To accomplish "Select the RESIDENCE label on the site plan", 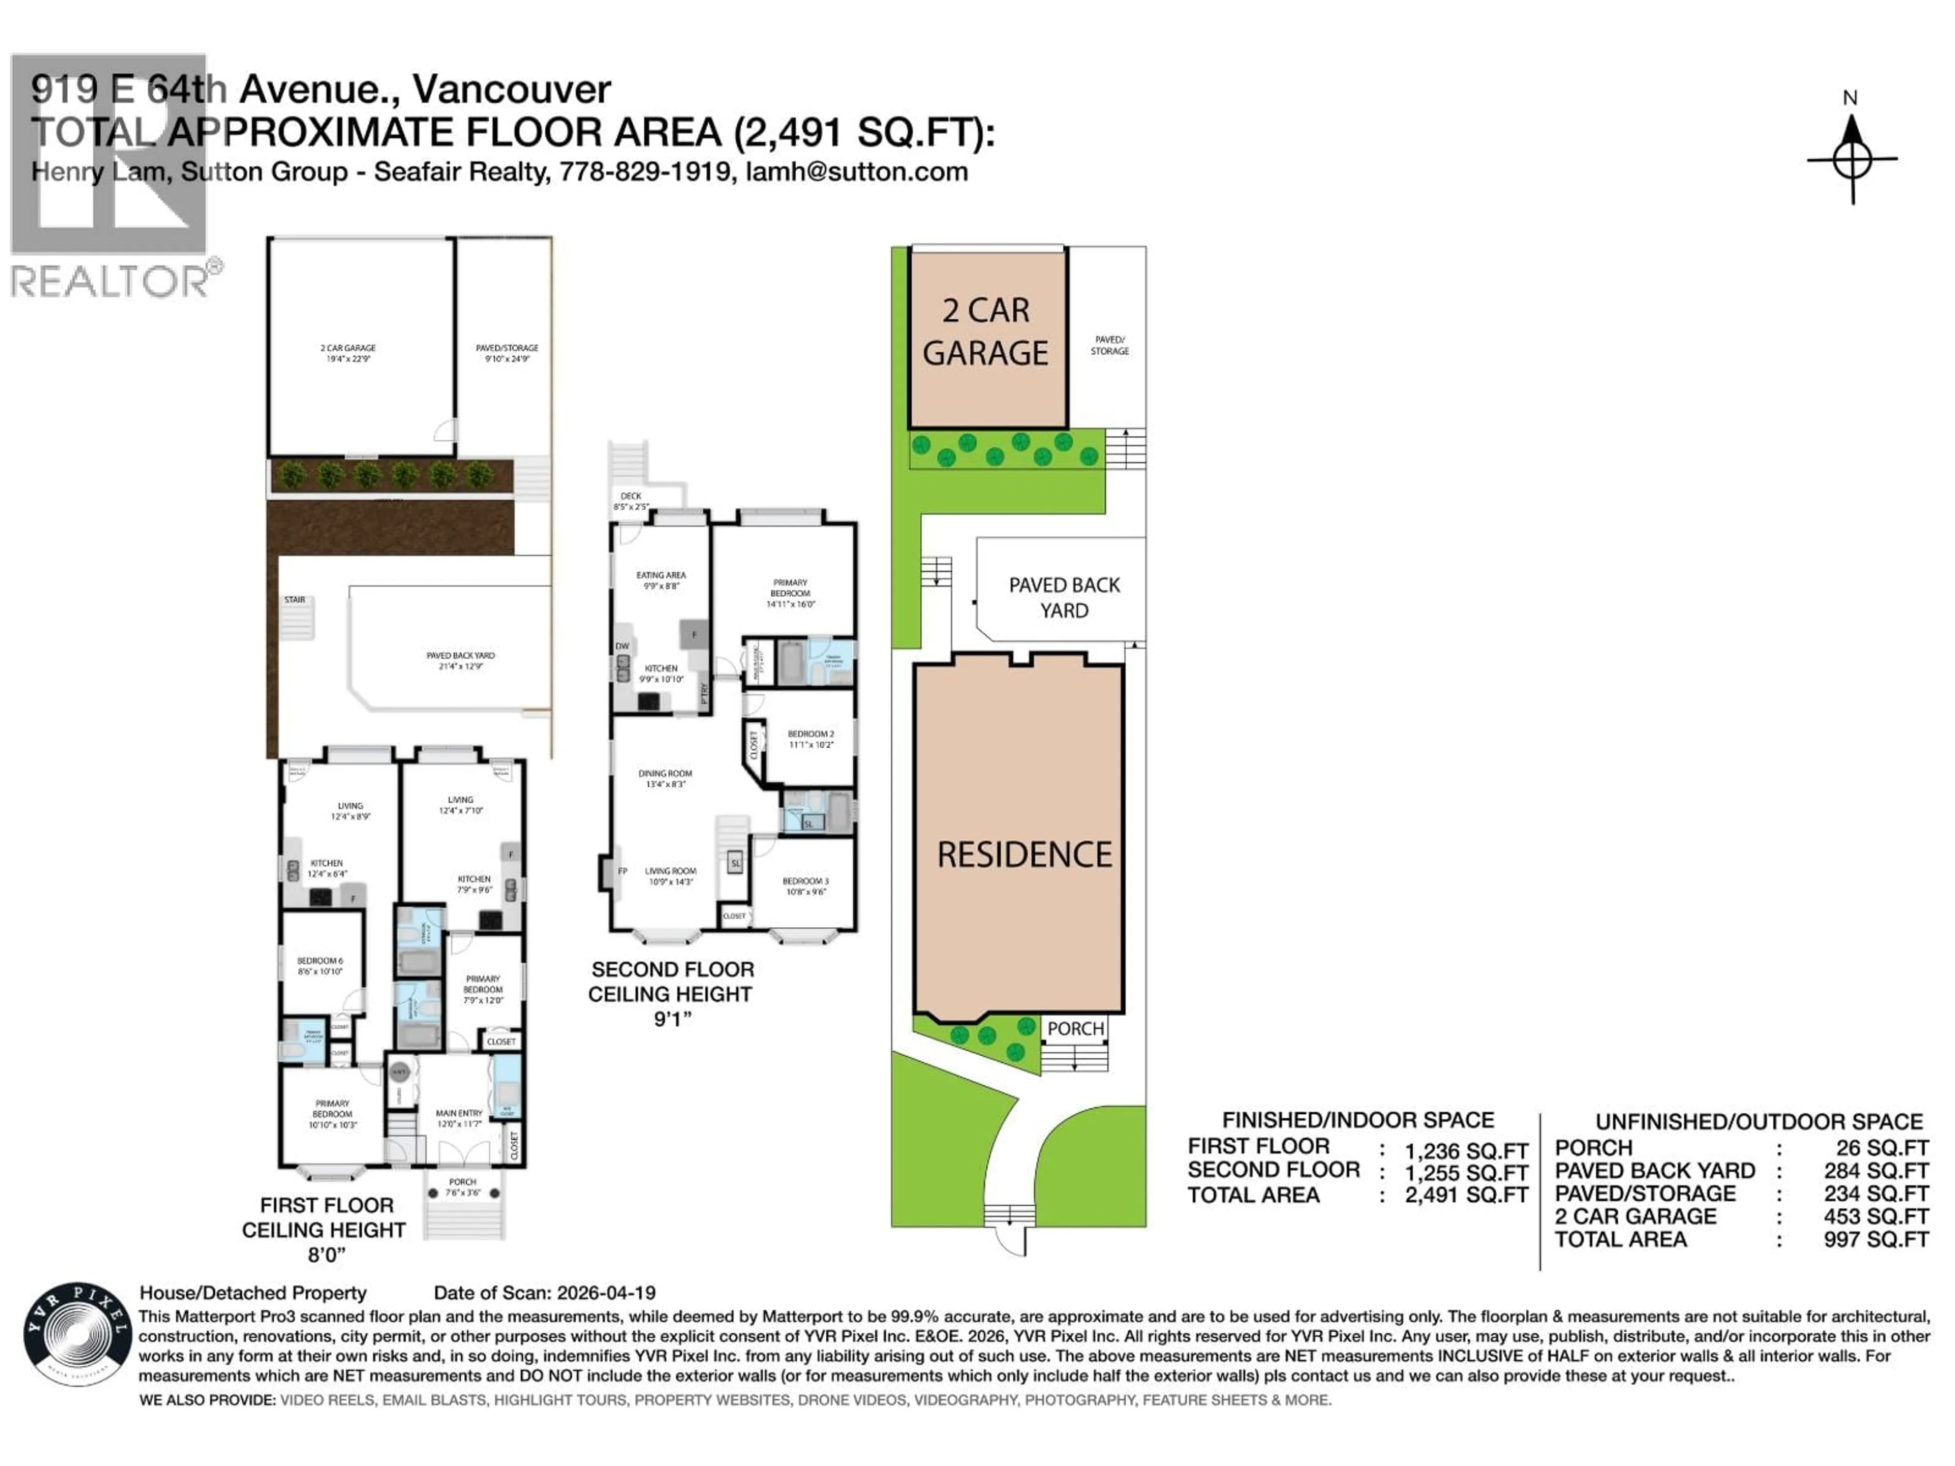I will click(x=1024, y=855).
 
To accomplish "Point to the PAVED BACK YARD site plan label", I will click(x=1064, y=598).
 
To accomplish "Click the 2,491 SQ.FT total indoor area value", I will click(x=1466, y=1196).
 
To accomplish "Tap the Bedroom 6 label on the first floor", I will click(x=320, y=966).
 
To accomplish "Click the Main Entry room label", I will click(x=460, y=1118).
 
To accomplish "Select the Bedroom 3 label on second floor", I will click(x=805, y=886).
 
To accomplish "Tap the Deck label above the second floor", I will click(x=631, y=501).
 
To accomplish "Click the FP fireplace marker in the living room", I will click(x=622, y=871).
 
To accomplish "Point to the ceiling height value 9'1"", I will click(x=672, y=1019).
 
